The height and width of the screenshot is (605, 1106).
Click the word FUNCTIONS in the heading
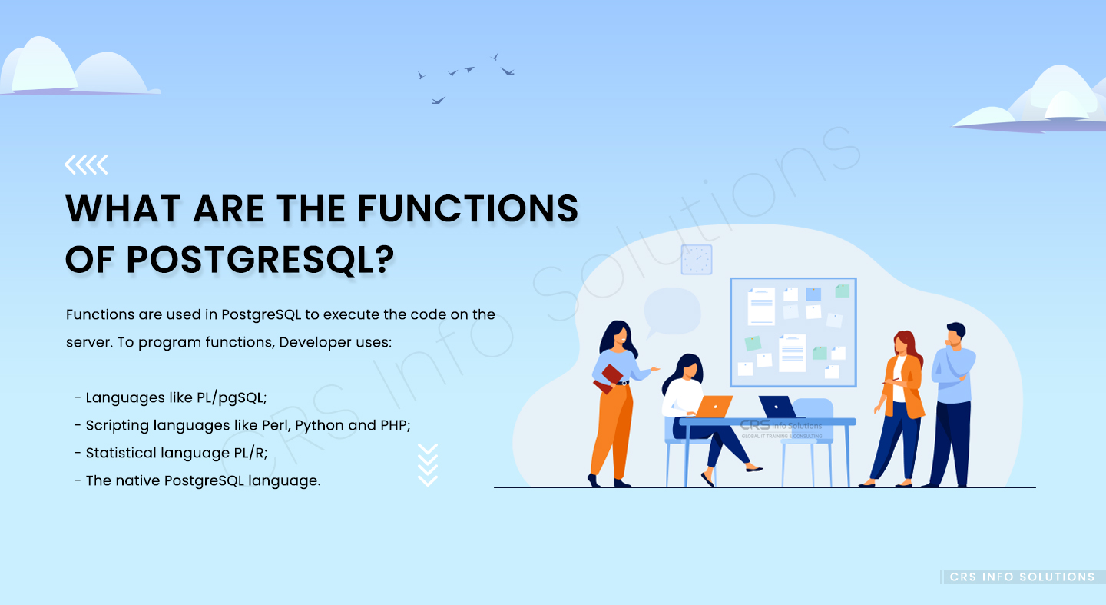(x=468, y=208)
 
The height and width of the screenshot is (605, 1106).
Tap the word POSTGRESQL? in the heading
(x=260, y=260)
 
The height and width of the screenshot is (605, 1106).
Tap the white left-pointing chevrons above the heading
(x=86, y=165)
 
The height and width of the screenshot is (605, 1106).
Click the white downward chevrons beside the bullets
(x=428, y=464)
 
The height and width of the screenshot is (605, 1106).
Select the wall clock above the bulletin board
(x=696, y=260)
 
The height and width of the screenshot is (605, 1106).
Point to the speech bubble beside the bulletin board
(x=672, y=312)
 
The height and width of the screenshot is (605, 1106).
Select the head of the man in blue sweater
(x=955, y=335)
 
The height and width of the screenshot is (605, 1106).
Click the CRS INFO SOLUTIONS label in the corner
(x=1022, y=577)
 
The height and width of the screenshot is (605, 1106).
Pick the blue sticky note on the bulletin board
(x=813, y=294)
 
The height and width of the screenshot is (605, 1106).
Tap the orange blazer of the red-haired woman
(x=903, y=387)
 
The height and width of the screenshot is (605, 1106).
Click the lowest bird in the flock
(x=438, y=101)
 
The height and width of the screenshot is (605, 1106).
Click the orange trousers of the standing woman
(x=612, y=430)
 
